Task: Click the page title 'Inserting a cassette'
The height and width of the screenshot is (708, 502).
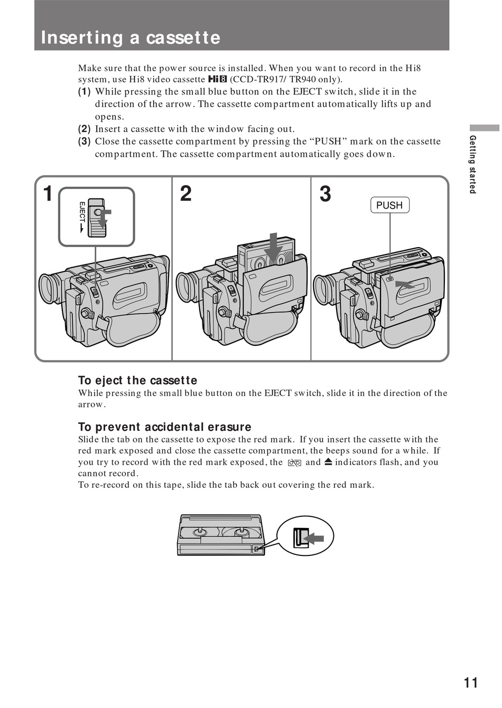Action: coord(131,37)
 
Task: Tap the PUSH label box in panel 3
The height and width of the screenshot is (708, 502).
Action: coord(390,205)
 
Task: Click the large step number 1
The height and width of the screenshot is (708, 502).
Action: coord(48,194)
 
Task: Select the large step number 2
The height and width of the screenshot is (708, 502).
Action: coord(185,194)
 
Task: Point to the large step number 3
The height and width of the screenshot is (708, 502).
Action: coord(326,194)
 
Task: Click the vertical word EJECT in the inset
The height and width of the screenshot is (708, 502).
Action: coord(82,214)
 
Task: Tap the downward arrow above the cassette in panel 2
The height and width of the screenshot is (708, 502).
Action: coord(274,246)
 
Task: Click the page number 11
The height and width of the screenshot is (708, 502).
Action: coord(471,683)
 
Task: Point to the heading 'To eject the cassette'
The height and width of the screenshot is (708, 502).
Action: coord(137,380)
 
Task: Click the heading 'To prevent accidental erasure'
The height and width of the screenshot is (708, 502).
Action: coord(164,427)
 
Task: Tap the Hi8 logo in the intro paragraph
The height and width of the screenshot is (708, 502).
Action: coord(217,80)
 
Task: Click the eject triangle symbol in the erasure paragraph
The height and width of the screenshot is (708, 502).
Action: coord(328,462)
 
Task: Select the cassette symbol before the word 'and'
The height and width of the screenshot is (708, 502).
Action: coord(294,462)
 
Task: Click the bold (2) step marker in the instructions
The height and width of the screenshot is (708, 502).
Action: coord(84,129)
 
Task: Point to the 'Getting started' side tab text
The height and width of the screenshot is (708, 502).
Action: coord(473,164)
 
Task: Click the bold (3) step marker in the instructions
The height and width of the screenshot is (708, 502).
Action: coord(84,141)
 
